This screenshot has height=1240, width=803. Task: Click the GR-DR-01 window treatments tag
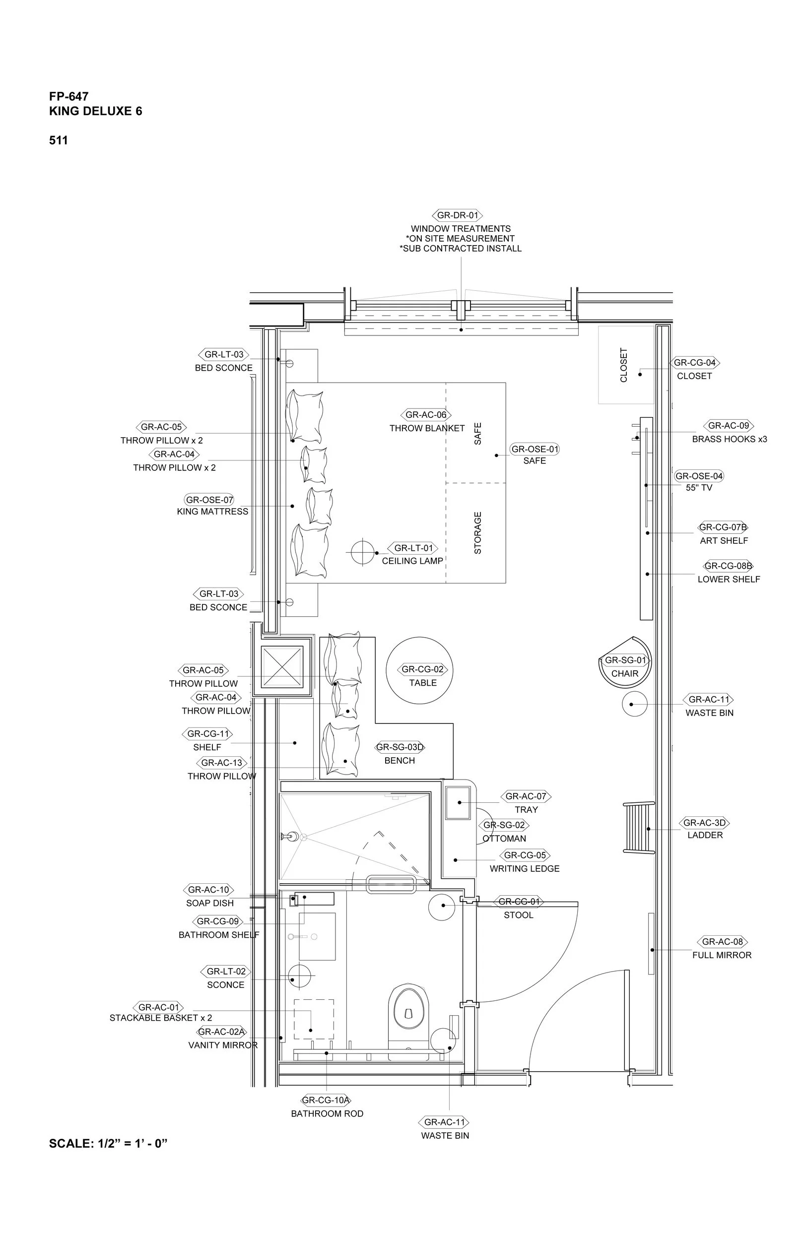(x=457, y=215)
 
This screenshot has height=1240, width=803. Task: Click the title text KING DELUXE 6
(x=95, y=111)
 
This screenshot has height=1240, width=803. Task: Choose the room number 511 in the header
(x=59, y=140)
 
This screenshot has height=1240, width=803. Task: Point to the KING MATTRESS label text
(x=212, y=511)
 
